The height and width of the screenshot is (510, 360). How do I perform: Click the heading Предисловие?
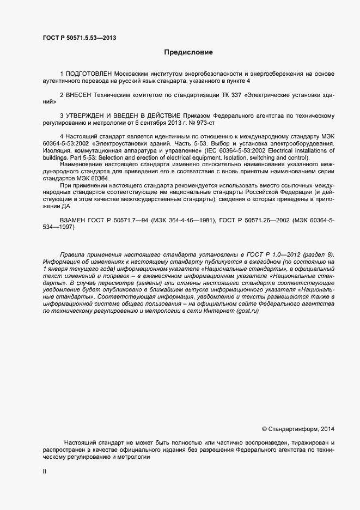click(x=188, y=53)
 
